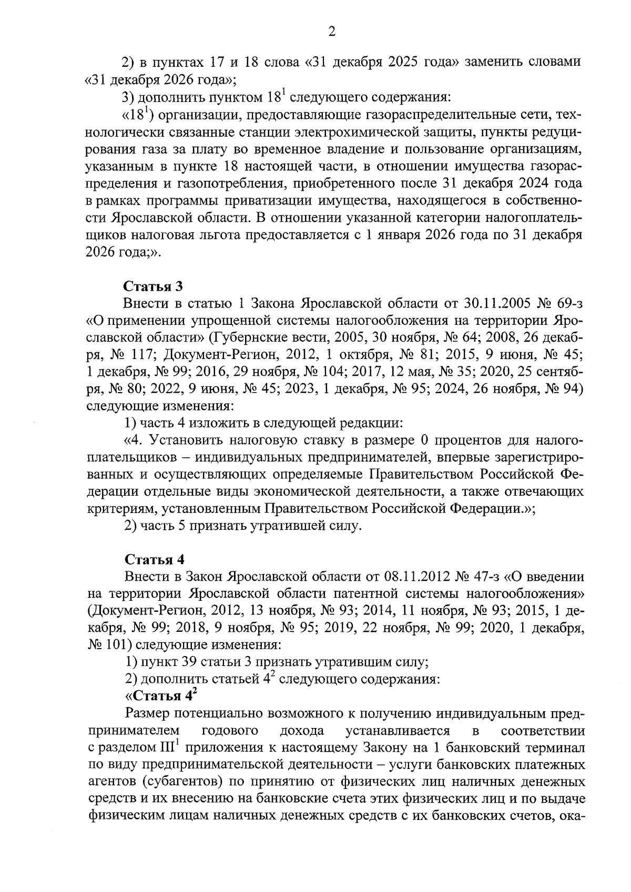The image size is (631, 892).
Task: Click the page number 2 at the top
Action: pyautogui.click(x=331, y=32)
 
